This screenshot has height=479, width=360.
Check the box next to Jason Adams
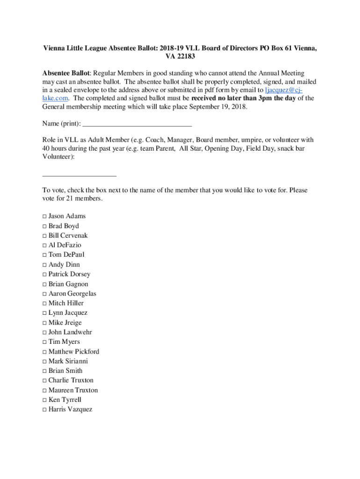pos(44,217)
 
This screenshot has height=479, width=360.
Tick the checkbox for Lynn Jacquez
pos(44,313)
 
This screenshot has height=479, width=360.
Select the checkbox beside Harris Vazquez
pos(44,410)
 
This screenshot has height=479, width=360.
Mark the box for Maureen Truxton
pos(44,391)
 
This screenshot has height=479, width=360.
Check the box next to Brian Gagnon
pos(44,284)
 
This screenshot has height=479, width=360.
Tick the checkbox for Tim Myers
pos(44,342)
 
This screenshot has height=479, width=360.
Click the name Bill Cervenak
pos(68,236)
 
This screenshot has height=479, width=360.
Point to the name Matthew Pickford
pos(74,352)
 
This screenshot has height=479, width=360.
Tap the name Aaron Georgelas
pos(72,294)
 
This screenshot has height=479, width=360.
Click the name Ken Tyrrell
pos(65,400)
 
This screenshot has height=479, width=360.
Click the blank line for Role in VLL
pos(79,175)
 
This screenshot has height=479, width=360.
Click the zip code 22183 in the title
pos(185,57)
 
